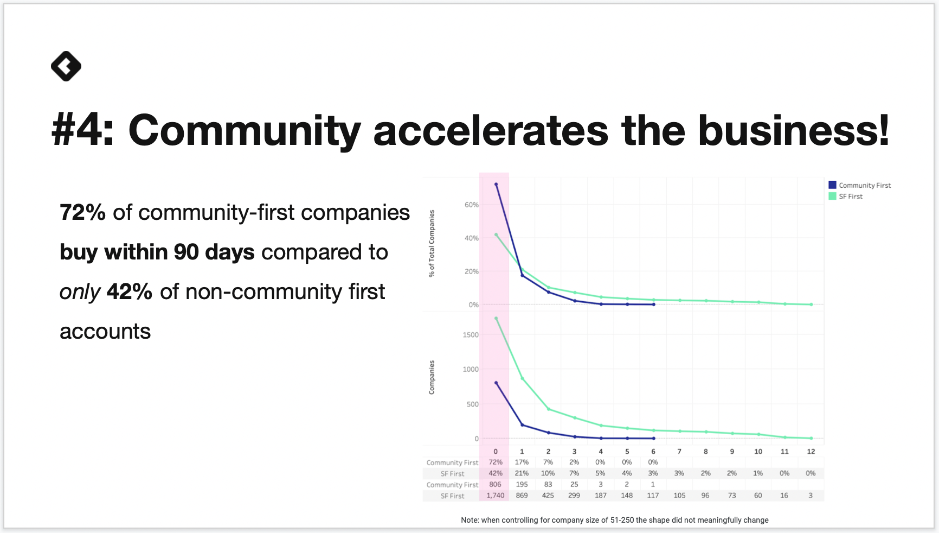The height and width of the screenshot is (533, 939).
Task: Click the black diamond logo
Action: (x=66, y=66)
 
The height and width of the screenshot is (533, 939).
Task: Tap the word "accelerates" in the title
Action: (x=491, y=130)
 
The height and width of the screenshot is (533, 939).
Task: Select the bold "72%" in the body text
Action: (x=82, y=212)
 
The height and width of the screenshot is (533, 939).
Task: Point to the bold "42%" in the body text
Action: (x=130, y=291)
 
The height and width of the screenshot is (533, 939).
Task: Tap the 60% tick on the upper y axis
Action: (x=472, y=205)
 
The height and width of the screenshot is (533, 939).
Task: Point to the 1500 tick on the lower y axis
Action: (x=471, y=335)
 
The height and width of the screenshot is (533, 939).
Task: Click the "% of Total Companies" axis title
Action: (x=432, y=244)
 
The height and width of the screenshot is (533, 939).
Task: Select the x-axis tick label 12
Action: (x=811, y=452)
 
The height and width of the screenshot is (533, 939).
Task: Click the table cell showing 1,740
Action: (x=496, y=496)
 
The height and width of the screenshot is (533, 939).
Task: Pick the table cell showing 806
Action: (x=496, y=484)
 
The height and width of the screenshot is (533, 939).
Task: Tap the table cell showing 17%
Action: (x=522, y=462)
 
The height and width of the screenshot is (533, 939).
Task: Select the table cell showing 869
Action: (x=522, y=496)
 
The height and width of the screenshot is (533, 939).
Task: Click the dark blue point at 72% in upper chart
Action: (x=496, y=185)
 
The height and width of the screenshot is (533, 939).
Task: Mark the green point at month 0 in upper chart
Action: (x=496, y=235)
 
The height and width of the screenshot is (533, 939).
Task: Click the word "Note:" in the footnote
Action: (x=470, y=520)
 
